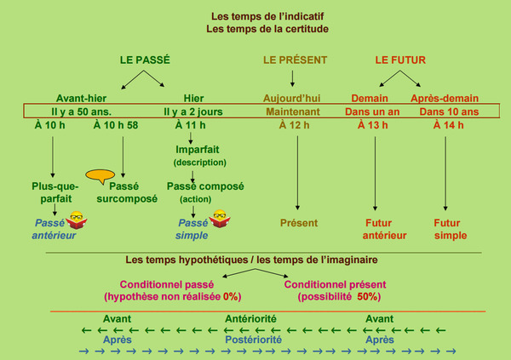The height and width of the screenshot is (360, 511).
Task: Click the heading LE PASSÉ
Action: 144,60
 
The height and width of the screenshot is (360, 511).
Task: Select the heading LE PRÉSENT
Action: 296,60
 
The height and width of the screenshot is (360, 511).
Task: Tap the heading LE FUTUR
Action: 400,60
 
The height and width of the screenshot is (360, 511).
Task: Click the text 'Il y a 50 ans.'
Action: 82,111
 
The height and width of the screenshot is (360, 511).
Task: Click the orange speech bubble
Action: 101,177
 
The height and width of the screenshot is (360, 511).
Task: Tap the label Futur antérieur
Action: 375,229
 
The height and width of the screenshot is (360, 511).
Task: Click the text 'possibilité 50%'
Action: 339,297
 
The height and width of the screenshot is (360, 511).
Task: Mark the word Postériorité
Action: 253,339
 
